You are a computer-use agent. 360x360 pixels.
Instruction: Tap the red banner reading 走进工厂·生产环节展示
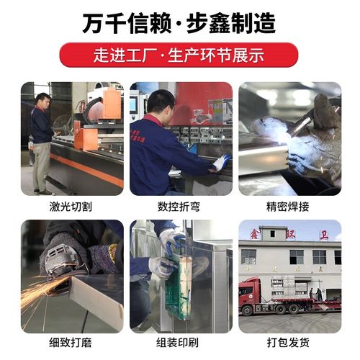point(179,55)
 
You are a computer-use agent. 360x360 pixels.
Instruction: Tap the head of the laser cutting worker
point(43,99)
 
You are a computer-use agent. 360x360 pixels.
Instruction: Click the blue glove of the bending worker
point(221,163)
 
